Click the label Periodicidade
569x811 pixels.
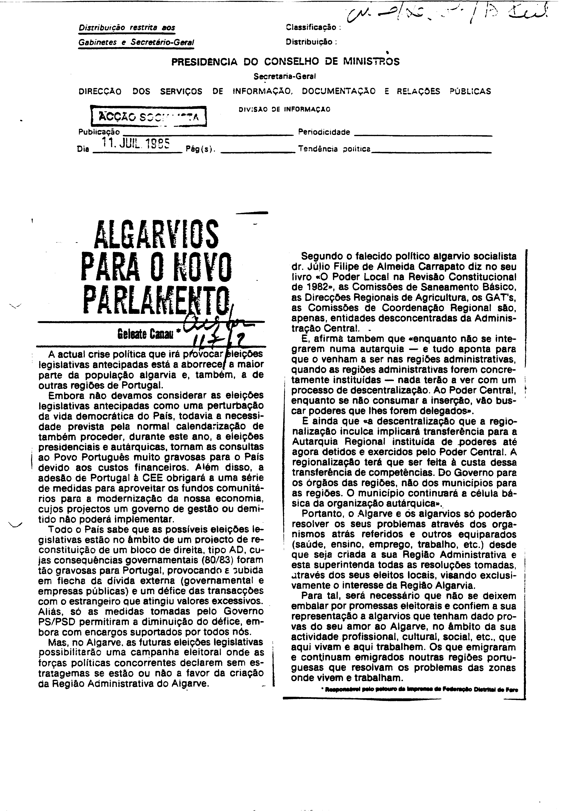click(324, 132)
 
